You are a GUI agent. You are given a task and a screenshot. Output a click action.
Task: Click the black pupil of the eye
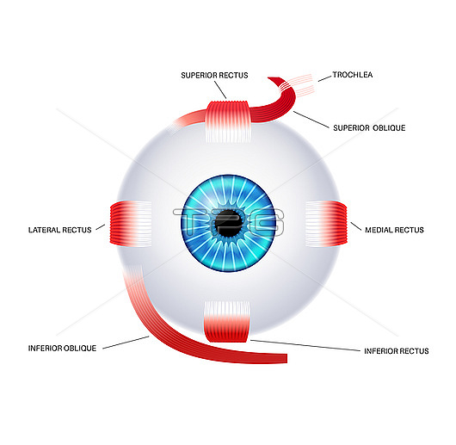click(229, 224)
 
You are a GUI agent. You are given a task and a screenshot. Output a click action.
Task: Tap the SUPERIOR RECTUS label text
click(214, 76)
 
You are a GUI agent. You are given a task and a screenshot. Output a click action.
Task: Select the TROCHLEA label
click(353, 75)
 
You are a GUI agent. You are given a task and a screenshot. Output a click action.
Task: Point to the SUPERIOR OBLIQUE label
click(369, 128)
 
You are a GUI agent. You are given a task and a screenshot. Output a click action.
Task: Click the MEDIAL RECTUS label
click(394, 230)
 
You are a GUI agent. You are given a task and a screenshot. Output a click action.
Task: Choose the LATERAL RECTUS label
click(59, 230)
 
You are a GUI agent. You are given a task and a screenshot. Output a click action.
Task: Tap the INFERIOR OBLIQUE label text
click(62, 348)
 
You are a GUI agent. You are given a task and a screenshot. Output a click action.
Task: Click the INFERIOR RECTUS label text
click(397, 351)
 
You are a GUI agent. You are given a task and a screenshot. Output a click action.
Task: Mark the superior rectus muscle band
click(228, 121)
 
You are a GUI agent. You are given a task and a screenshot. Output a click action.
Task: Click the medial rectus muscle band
click(326, 224)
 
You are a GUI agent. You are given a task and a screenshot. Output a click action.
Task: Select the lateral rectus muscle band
click(131, 224)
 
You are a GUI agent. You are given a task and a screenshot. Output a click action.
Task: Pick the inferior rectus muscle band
click(227, 321)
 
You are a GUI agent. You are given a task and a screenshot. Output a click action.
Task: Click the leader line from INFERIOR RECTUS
click(305, 345)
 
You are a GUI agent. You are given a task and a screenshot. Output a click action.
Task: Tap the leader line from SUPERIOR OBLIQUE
click(311, 120)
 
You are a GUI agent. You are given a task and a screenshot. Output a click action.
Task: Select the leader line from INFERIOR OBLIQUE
click(126, 343)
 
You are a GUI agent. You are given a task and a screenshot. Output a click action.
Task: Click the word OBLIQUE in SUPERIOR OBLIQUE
click(389, 128)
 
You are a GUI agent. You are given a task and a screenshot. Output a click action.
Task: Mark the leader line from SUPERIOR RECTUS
click(220, 90)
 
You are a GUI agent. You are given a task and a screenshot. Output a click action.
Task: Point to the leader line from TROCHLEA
click(324, 78)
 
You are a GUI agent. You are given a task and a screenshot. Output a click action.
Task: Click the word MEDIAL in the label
click(377, 230)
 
